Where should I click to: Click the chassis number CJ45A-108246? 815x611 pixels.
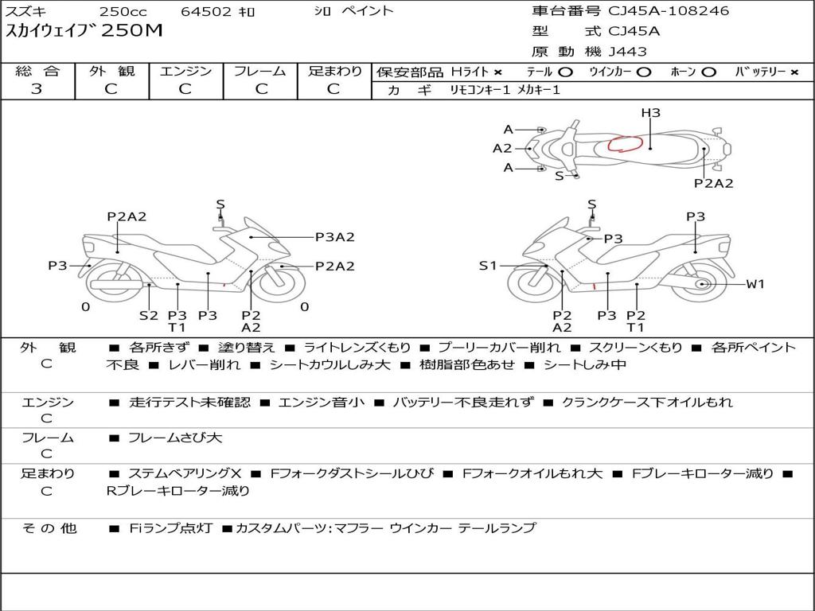click(669, 11)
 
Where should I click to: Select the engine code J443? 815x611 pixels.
click(627, 52)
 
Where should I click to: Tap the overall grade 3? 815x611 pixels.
click(37, 89)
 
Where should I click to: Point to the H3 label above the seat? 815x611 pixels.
click(650, 113)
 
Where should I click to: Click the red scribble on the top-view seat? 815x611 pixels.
click(626, 143)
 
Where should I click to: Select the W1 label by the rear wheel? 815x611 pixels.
click(755, 284)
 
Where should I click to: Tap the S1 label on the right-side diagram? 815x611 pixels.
click(488, 266)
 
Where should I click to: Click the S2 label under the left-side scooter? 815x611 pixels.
click(149, 315)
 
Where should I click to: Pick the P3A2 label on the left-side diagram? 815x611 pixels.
click(335, 237)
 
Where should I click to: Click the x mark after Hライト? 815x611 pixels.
click(498, 72)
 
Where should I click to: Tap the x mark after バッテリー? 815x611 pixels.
click(794, 72)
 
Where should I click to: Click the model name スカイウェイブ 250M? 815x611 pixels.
click(84, 31)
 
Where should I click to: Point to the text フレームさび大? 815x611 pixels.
click(175, 438)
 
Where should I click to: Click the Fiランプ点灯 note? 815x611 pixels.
click(170, 528)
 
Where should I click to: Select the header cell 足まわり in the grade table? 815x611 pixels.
click(335, 71)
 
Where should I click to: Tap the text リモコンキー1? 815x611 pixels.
click(480, 90)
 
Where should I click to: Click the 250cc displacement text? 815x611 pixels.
click(123, 11)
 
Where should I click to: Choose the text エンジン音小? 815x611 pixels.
click(322, 403)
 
